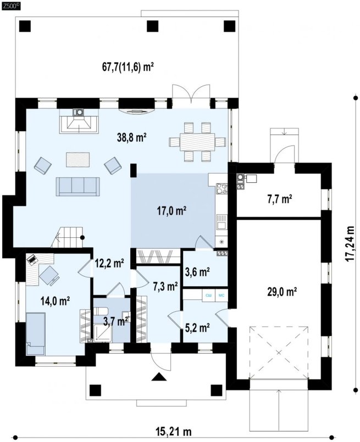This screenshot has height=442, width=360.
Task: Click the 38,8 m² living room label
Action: point(131,138)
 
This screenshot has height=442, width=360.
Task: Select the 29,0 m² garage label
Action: point(282,292)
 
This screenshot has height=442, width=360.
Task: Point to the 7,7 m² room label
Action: point(279,199)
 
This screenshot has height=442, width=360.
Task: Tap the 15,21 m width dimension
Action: point(174,432)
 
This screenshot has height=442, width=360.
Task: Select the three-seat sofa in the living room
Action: point(78,187)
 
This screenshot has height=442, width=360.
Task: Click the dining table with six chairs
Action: point(197,142)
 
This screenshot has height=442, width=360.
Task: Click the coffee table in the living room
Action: point(78,160)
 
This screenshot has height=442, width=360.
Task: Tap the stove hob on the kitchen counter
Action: point(221,188)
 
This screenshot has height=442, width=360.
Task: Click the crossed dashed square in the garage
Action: point(279,353)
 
